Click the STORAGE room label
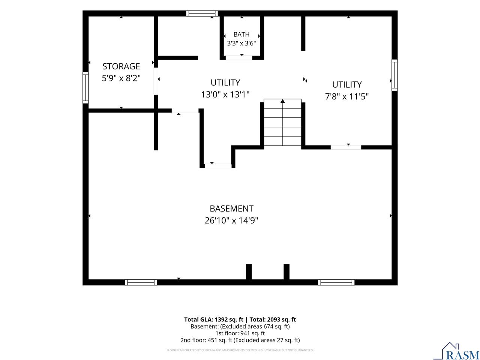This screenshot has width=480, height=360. pyautogui.click(x=121, y=66)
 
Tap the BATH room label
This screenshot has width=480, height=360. pyautogui.click(x=241, y=34)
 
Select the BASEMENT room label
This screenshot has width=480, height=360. pyautogui.click(x=231, y=208)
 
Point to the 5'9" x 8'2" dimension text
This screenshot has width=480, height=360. pyautogui.click(x=121, y=78)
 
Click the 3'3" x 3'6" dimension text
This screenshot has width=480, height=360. pyautogui.click(x=241, y=43)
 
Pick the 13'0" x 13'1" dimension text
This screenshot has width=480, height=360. pyautogui.click(x=225, y=94)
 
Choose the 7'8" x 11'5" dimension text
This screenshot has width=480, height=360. pyautogui.click(x=347, y=96)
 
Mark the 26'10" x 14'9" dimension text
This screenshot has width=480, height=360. pyautogui.click(x=231, y=220)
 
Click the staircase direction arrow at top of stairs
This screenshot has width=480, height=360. pyautogui.click(x=282, y=101)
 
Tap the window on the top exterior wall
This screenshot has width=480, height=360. pyautogui.click(x=202, y=13)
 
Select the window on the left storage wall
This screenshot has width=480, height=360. pyautogui.click(x=85, y=88)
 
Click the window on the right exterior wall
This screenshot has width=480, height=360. pyautogui.click(x=394, y=75)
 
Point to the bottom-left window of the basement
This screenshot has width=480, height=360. pyautogui.click(x=141, y=282)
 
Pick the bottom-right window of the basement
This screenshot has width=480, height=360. pyautogui.click(x=336, y=282)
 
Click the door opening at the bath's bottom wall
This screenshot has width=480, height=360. pyautogui.click(x=239, y=58)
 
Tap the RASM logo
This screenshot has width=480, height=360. pyautogui.click(x=457, y=351)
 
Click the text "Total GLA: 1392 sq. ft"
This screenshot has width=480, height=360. pyautogui.click(x=214, y=319)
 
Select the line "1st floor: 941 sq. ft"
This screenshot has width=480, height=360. pyautogui.click(x=240, y=333)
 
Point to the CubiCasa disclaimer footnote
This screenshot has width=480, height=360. pyautogui.click(x=240, y=350)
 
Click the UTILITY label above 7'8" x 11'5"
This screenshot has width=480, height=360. pyautogui.click(x=347, y=85)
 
